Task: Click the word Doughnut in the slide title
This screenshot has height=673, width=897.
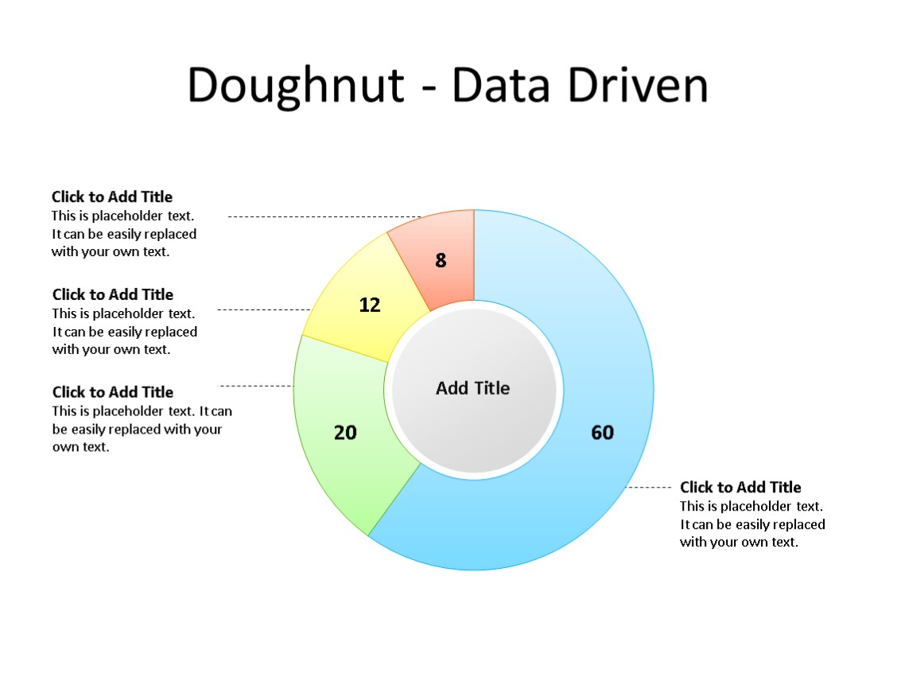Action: [296, 85]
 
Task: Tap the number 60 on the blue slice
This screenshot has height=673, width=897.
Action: [602, 432]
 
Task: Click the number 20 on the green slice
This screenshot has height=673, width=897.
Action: [345, 433]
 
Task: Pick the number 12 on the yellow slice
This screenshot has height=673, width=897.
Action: [370, 305]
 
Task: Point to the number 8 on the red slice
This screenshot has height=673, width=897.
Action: [441, 260]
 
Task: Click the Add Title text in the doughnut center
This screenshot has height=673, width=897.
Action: [473, 388]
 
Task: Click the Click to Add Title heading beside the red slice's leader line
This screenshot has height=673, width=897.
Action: [112, 196]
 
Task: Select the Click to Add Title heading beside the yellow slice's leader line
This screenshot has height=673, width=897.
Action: [113, 294]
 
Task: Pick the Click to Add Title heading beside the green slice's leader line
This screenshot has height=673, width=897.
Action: [113, 392]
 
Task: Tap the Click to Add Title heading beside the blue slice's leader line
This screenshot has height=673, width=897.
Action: [740, 488]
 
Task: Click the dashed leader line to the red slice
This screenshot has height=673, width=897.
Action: [318, 216]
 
